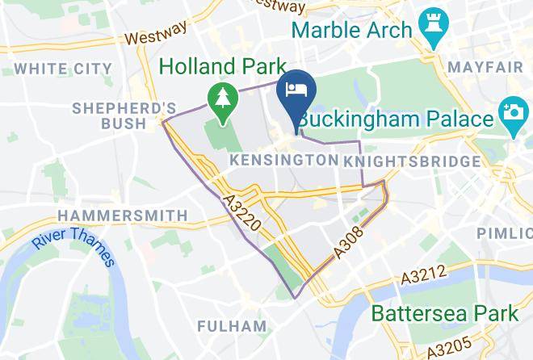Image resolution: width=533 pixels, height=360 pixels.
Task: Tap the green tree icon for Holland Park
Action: point(220,99)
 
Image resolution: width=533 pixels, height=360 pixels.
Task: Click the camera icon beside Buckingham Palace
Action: point(511,118)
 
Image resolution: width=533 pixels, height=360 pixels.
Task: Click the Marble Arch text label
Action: point(352,31)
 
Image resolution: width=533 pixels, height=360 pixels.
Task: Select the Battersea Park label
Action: point(444,312)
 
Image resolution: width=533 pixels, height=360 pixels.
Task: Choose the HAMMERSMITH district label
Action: point(122,216)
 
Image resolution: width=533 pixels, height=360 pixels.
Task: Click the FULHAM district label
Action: point(232,326)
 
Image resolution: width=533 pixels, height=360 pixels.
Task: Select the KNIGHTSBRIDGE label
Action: point(412,162)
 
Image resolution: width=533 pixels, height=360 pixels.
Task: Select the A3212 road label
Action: point(424,278)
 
